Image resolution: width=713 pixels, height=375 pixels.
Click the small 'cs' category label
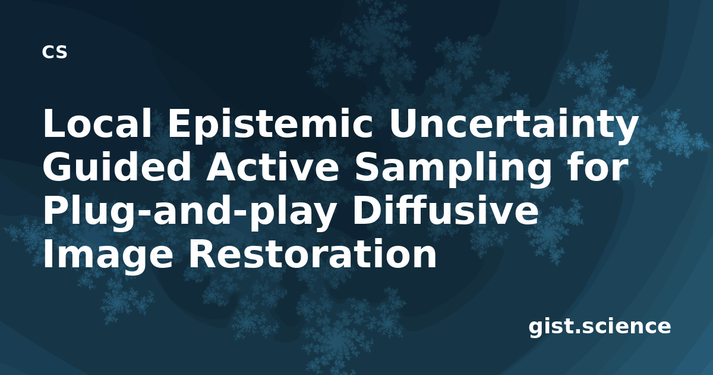point(55,52)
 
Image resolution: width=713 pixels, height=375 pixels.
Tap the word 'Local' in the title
point(97,123)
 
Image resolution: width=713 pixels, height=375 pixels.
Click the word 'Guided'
point(116,167)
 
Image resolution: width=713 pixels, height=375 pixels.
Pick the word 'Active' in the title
point(273,167)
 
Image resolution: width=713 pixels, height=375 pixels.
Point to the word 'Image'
point(108,256)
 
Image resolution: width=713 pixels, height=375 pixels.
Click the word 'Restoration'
point(313,254)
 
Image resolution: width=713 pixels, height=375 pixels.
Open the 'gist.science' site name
point(600,327)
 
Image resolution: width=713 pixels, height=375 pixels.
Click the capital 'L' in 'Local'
point(54,123)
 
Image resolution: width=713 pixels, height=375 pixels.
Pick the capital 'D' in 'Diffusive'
point(367,210)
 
